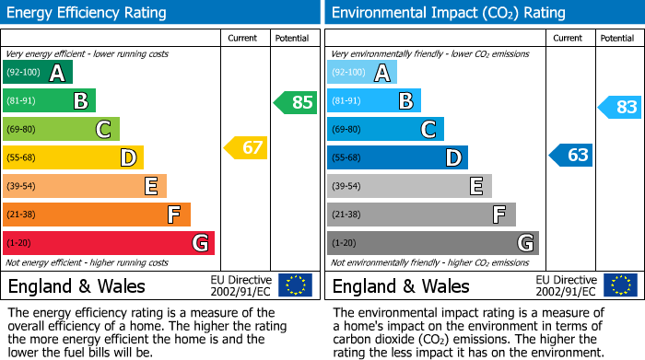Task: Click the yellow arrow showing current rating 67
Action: click(x=246, y=147)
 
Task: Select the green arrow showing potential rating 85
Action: click(x=296, y=102)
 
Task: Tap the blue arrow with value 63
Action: click(x=571, y=155)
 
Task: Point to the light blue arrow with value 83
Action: click(x=620, y=107)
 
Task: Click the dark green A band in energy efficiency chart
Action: click(x=38, y=73)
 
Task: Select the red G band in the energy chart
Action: click(x=109, y=243)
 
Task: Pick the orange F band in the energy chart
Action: click(x=97, y=215)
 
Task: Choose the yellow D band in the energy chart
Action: click(x=73, y=157)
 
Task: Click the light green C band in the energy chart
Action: click(x=61, y=129)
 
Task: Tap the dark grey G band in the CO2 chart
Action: click(x=432, y=243)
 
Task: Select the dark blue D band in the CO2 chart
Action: click(x=397, y=157)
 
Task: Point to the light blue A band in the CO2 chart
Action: click(x=362, y=73)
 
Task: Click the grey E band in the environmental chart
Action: click(x=409, y=186)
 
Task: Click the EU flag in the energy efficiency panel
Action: click(x=295, y=285)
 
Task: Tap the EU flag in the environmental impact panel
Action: click(x=619, y=285)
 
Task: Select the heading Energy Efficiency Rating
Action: click(x=88, y=13)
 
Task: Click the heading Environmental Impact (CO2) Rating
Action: click(x=448, y=13)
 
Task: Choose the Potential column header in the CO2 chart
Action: click(x=616, y=38)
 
